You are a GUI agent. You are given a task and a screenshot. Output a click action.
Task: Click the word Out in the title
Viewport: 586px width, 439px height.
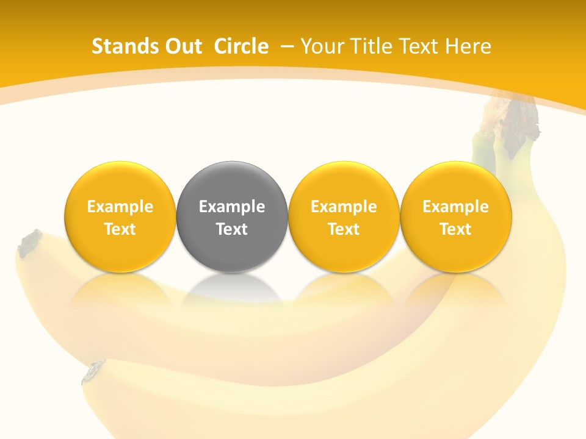coord(183,46)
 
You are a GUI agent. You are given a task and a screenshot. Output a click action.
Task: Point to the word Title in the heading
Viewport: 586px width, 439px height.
coord(372,46)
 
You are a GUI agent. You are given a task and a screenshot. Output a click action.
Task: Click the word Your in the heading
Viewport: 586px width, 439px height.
coord(321,46)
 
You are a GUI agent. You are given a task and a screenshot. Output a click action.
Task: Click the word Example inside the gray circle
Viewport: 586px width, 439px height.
coord(232,207)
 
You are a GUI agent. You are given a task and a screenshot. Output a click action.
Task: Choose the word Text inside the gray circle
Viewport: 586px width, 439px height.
coord(232,229)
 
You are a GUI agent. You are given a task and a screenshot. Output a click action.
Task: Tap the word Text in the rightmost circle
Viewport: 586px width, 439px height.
coord(455,229)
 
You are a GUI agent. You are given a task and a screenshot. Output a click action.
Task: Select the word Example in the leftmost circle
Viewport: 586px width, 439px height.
coord(120,207)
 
